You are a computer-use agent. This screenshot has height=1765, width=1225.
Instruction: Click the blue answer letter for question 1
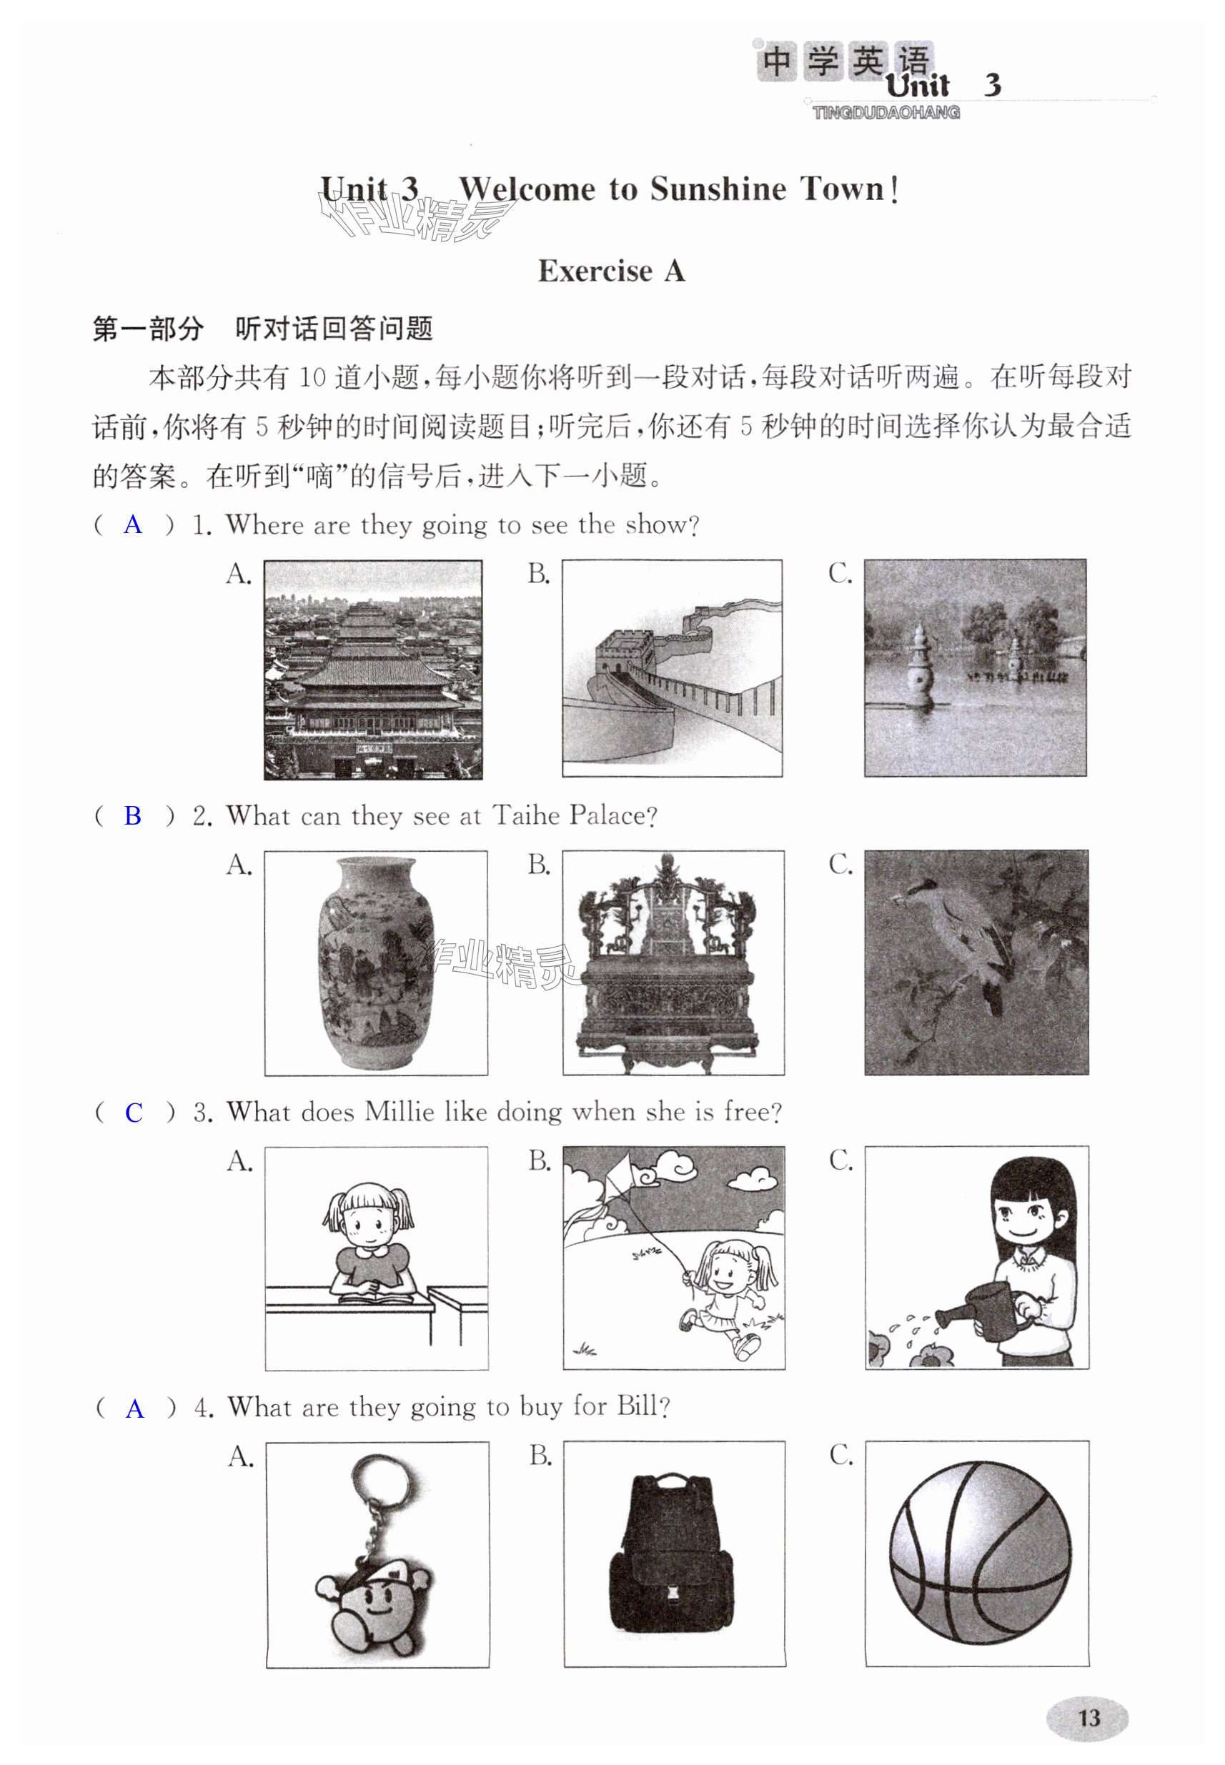(133, 525)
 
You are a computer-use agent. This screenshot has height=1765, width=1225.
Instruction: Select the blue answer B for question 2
(133, 816)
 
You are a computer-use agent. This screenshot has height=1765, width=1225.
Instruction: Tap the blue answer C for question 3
(134, 1112)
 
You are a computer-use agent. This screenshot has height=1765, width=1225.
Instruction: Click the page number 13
(1088, 1716)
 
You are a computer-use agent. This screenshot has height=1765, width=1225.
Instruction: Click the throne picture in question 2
(673, 963)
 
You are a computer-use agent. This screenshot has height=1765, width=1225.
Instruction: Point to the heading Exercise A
(611, 271)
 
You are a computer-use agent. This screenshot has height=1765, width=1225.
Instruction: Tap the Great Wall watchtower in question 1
(623, 652)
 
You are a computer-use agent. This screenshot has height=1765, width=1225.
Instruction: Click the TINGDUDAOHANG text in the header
(886, 113)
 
